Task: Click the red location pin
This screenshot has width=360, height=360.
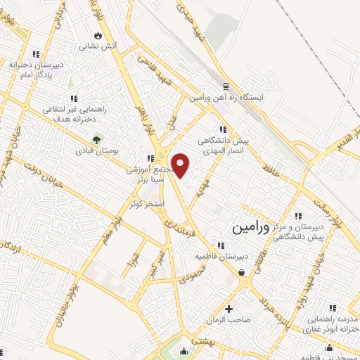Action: click(181, 165)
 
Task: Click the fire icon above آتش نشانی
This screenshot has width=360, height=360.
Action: click(97, 34)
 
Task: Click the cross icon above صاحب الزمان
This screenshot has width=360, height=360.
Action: click(229, 309)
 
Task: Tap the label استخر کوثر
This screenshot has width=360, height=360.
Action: click(146, 204)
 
